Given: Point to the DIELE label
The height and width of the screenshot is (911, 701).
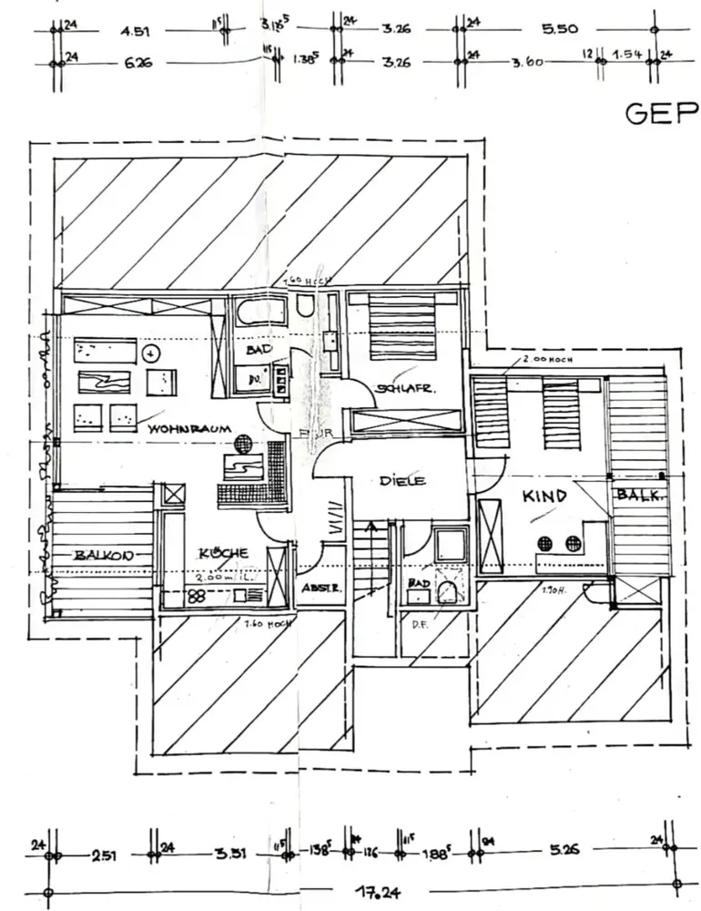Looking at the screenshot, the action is point(403,480).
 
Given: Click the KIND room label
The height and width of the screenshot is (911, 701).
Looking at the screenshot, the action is point(544,496).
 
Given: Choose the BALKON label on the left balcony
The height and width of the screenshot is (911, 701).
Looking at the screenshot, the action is point(104,555).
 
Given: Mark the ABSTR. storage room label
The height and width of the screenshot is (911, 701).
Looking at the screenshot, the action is point(321,588).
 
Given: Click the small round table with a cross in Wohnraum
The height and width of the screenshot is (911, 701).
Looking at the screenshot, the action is point(153,352).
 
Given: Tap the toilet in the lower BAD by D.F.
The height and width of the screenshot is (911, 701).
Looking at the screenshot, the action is point(448,594).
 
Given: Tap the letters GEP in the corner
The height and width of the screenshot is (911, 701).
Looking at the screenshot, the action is point(661,113).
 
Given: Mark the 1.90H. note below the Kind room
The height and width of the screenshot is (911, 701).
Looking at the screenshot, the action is point(552,591).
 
